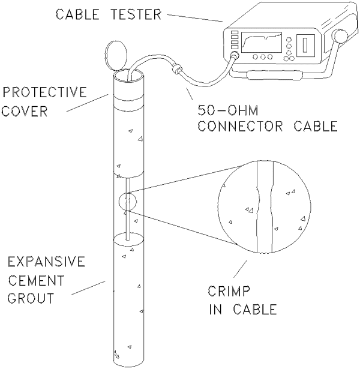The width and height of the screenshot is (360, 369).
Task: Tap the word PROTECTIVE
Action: [44, 94]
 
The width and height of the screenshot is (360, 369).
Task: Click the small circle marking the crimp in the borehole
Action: [128, 202]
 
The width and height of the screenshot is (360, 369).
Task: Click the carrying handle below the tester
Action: [274, 74]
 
